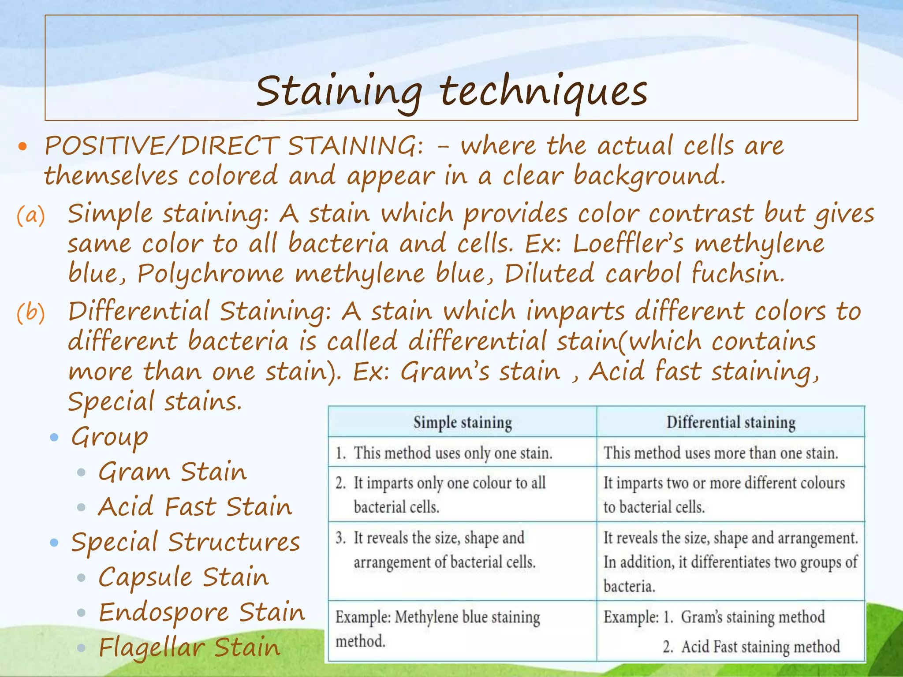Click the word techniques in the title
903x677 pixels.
click(x=543, y=92)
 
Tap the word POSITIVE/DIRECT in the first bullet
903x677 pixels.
click(x=161, y=146)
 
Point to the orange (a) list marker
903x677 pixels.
click(x=31, y=216)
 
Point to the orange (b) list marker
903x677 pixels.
click(x=31, y=313)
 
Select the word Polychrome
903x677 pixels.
click(x=211, y=274)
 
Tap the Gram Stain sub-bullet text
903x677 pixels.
click(x=172, y=472)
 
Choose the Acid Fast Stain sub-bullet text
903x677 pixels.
click(x=195, y=506)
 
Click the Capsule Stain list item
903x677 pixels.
click(x=183, y=577)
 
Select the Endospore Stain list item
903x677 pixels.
click(x=201, y=612)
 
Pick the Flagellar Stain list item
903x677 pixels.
click(x=189, y=647)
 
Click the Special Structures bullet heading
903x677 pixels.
click(x=186, y=542)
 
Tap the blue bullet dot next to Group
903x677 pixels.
click(x=54, y=437)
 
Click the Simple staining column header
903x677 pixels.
click(x=463, y=422)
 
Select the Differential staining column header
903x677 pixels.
click(x=731, y=422)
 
